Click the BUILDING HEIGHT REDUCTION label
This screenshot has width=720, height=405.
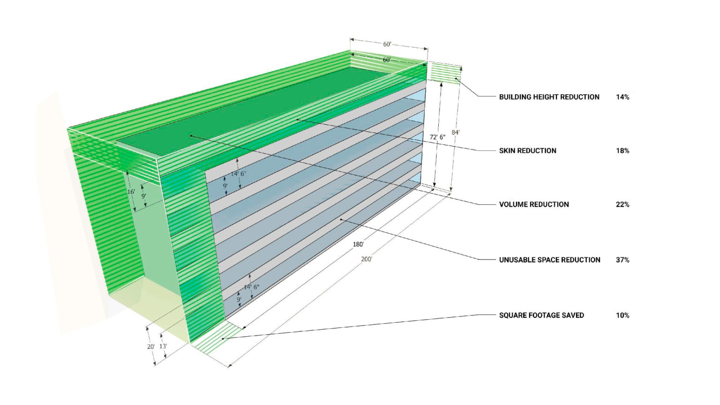(x=549, y=97)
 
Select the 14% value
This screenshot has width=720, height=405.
(x=622, y=97)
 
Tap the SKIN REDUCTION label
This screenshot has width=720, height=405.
(x=527, y=150)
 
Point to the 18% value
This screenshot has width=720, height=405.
(x=622, y=150)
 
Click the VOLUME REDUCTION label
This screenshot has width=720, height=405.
(x=534, y=204)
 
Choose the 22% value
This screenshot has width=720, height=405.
(x=622, y=204)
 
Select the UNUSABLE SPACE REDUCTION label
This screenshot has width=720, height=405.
(x=549, y=260)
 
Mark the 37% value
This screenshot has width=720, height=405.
(x=622, y=260)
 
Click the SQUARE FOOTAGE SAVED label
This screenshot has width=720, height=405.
(x=541, y=315)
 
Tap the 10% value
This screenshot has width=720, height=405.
(x=622, y=315)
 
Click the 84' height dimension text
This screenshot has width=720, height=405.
(x=455, y=133)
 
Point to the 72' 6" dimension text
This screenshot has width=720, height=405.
(x=437, y=137)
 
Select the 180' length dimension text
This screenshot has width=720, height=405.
(x=358, y=244)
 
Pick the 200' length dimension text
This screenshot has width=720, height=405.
(x=366, y=259)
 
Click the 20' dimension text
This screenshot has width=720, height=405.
(x=150, y=346)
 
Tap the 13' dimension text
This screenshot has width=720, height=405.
(x=163, y=346)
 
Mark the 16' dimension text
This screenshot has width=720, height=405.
(x=131, y=192)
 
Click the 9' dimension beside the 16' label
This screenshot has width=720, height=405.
(x=144, y=196)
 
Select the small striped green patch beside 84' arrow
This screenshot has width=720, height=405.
(x=444, y=74)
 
